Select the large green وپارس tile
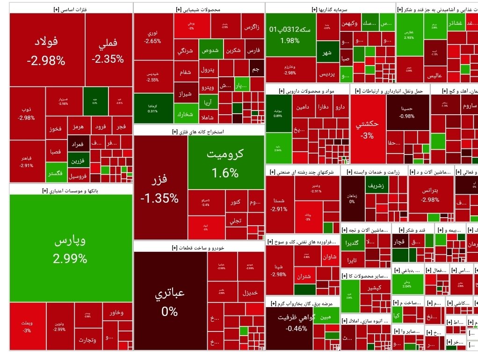71,248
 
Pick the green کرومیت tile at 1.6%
226,162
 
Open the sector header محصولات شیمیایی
199,9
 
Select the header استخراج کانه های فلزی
199,132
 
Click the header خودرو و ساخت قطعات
199,247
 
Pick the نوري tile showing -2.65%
153,37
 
